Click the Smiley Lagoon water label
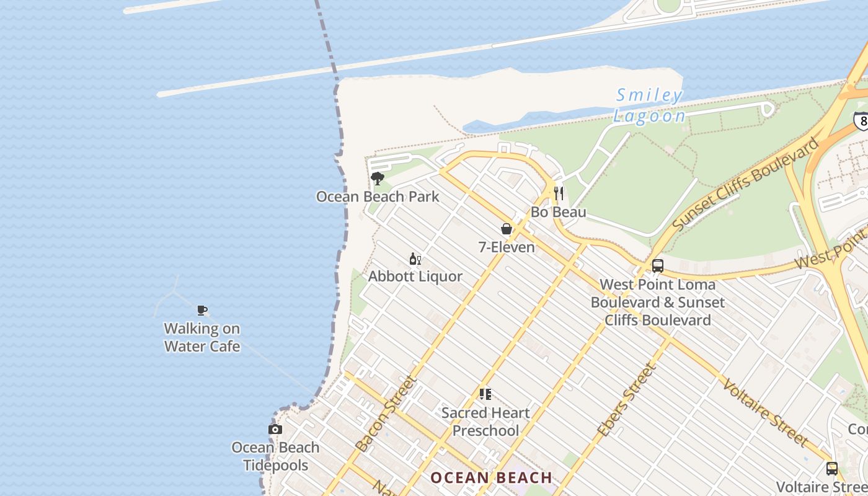pyautogui.click(x=649, y=105)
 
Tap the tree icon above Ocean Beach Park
pyautogui.click(x=377, y=179)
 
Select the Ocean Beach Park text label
pyautogui.click(x=377, y=197)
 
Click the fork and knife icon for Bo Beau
pyautogui.click(x=559, y=193)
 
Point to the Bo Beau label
pyautogui.click(x=558, y=212)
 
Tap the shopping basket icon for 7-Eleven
pyautogui.click(x=507, y=229)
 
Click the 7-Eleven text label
pyautogui.click(x=507, y=247)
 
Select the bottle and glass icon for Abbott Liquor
pyautogui.click(x=415, y=259)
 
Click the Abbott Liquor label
pyautogui.click(x=415, y=277)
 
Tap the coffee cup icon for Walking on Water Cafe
pyautogui.click(x=201, y=310)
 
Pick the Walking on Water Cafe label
pyautogui.click(x=201, y=337)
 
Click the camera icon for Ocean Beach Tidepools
pyautogui.click(x=275, y=429)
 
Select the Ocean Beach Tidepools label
pyautogui.click(x=275, y=456)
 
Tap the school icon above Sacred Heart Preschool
pyautogui.click(x=485, y=394)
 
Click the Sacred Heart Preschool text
pyautogui.click(x=485, y=422)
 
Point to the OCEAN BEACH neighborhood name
pyautogui.click(x=491, y=478)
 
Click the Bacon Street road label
pyautogui.click(x=386, y=414)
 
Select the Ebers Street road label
pyautogui.click(x=626, y=400)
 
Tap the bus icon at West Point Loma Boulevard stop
pyautogui.click(x=658, y=266)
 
